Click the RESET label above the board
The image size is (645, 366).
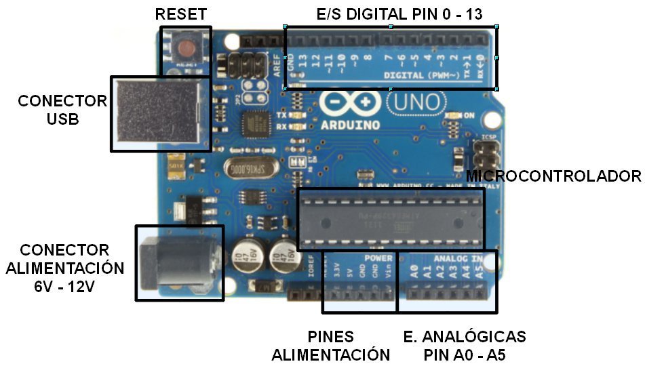click(180, 14)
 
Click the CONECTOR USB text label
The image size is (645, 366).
click(62, 110)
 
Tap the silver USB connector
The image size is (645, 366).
click(160, 113)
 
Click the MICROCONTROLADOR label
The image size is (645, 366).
click(553, 176)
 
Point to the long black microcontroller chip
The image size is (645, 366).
click(391, 219)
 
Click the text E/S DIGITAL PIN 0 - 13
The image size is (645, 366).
click(399, 14)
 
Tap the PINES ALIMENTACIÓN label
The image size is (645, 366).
click(330, 346)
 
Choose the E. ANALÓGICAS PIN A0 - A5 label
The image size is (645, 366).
click(465, 346)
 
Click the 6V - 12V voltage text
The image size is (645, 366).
click(64, 286)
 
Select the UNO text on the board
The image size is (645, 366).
click(416, 104)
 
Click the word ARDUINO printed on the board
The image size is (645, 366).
click(351, 125)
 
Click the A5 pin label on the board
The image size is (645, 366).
click(480, 271)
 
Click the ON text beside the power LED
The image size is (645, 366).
click(469, 116)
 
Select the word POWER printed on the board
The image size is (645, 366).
click(378, 258)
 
